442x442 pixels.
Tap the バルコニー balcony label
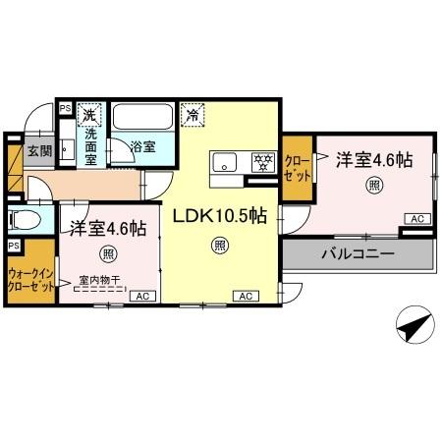(356, 253)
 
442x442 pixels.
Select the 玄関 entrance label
(39, 150)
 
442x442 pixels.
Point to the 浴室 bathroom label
(143, 146)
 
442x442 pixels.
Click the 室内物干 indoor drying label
(98, 282)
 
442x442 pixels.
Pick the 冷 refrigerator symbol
(193, 113)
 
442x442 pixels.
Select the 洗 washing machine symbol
(90, 114)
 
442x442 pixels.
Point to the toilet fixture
(22, 219)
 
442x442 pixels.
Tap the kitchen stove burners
(261, 161)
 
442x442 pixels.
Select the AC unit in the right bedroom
(415, 218)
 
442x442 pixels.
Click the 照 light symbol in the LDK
(219, 246)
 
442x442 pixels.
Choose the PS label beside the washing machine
(66, 109)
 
